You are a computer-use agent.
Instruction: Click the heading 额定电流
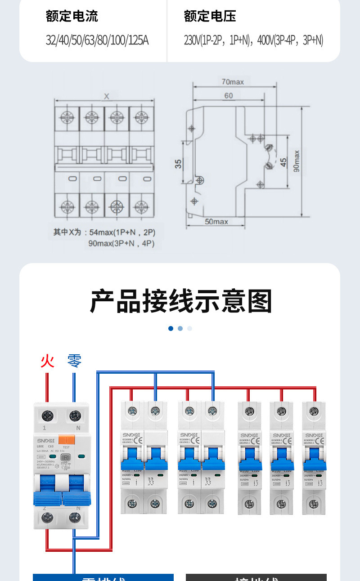point(72,17)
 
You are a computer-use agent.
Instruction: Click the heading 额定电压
point(210,17)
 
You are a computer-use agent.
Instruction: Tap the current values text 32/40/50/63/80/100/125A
point(97,40)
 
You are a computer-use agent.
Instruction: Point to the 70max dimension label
point(232,82)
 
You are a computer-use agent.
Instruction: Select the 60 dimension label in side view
point(228,95)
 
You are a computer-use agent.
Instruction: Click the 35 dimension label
point(178,164)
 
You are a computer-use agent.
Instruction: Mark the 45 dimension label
point(283,162)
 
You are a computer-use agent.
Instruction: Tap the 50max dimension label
point(216,221)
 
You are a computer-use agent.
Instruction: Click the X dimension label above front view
point(106,96)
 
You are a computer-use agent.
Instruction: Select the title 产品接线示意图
point(181,301)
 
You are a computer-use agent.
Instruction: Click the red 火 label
point(47,361)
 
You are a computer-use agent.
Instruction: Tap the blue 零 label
point(74,361)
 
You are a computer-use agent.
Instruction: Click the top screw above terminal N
point(75,415)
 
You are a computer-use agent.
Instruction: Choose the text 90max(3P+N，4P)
point(121,244)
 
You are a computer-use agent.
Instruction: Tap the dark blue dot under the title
point(171,328)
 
